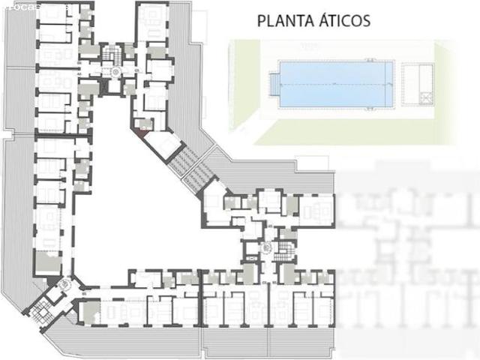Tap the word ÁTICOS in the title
(x=342, y=20)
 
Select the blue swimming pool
(x=337, y=84)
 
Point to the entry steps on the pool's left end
(x=273, y=84)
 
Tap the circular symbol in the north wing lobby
(x=116, y=71)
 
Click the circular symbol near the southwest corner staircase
(x=64, y=284)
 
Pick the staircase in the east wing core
(x=285, y=250)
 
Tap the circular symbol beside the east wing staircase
(x=266, y=248)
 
